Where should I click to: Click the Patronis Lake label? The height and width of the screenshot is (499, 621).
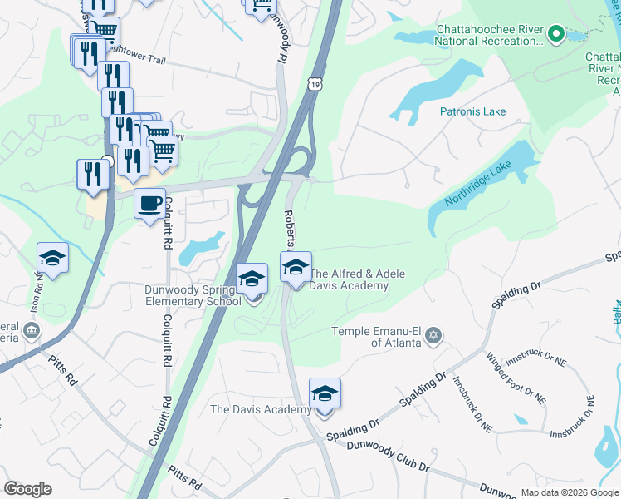point(472,111)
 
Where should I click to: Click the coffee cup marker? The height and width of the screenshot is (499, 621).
point(149,205)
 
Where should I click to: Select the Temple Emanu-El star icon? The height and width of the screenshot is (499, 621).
point(432,336)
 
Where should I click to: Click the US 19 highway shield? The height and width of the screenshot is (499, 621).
point(312,83)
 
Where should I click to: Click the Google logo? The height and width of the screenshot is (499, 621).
point(27,489)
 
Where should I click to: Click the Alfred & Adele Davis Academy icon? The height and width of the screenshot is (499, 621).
point(296,268)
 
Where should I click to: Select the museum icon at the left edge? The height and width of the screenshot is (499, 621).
point(31,331)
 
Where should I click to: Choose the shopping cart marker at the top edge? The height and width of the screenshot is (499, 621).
point(260,7)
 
